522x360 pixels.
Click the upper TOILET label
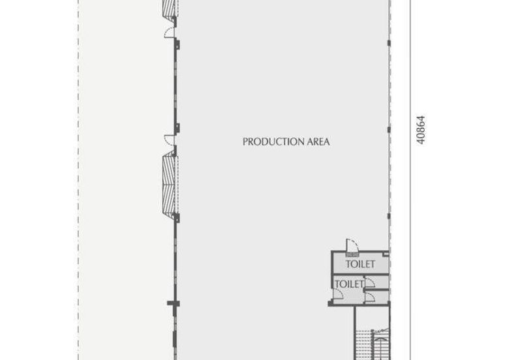click(361, 264)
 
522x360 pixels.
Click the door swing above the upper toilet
click(350, 245)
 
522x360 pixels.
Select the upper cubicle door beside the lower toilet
click(369, 282)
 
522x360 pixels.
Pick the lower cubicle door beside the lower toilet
click(369, 295)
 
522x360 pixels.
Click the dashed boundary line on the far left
click(78, 183)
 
